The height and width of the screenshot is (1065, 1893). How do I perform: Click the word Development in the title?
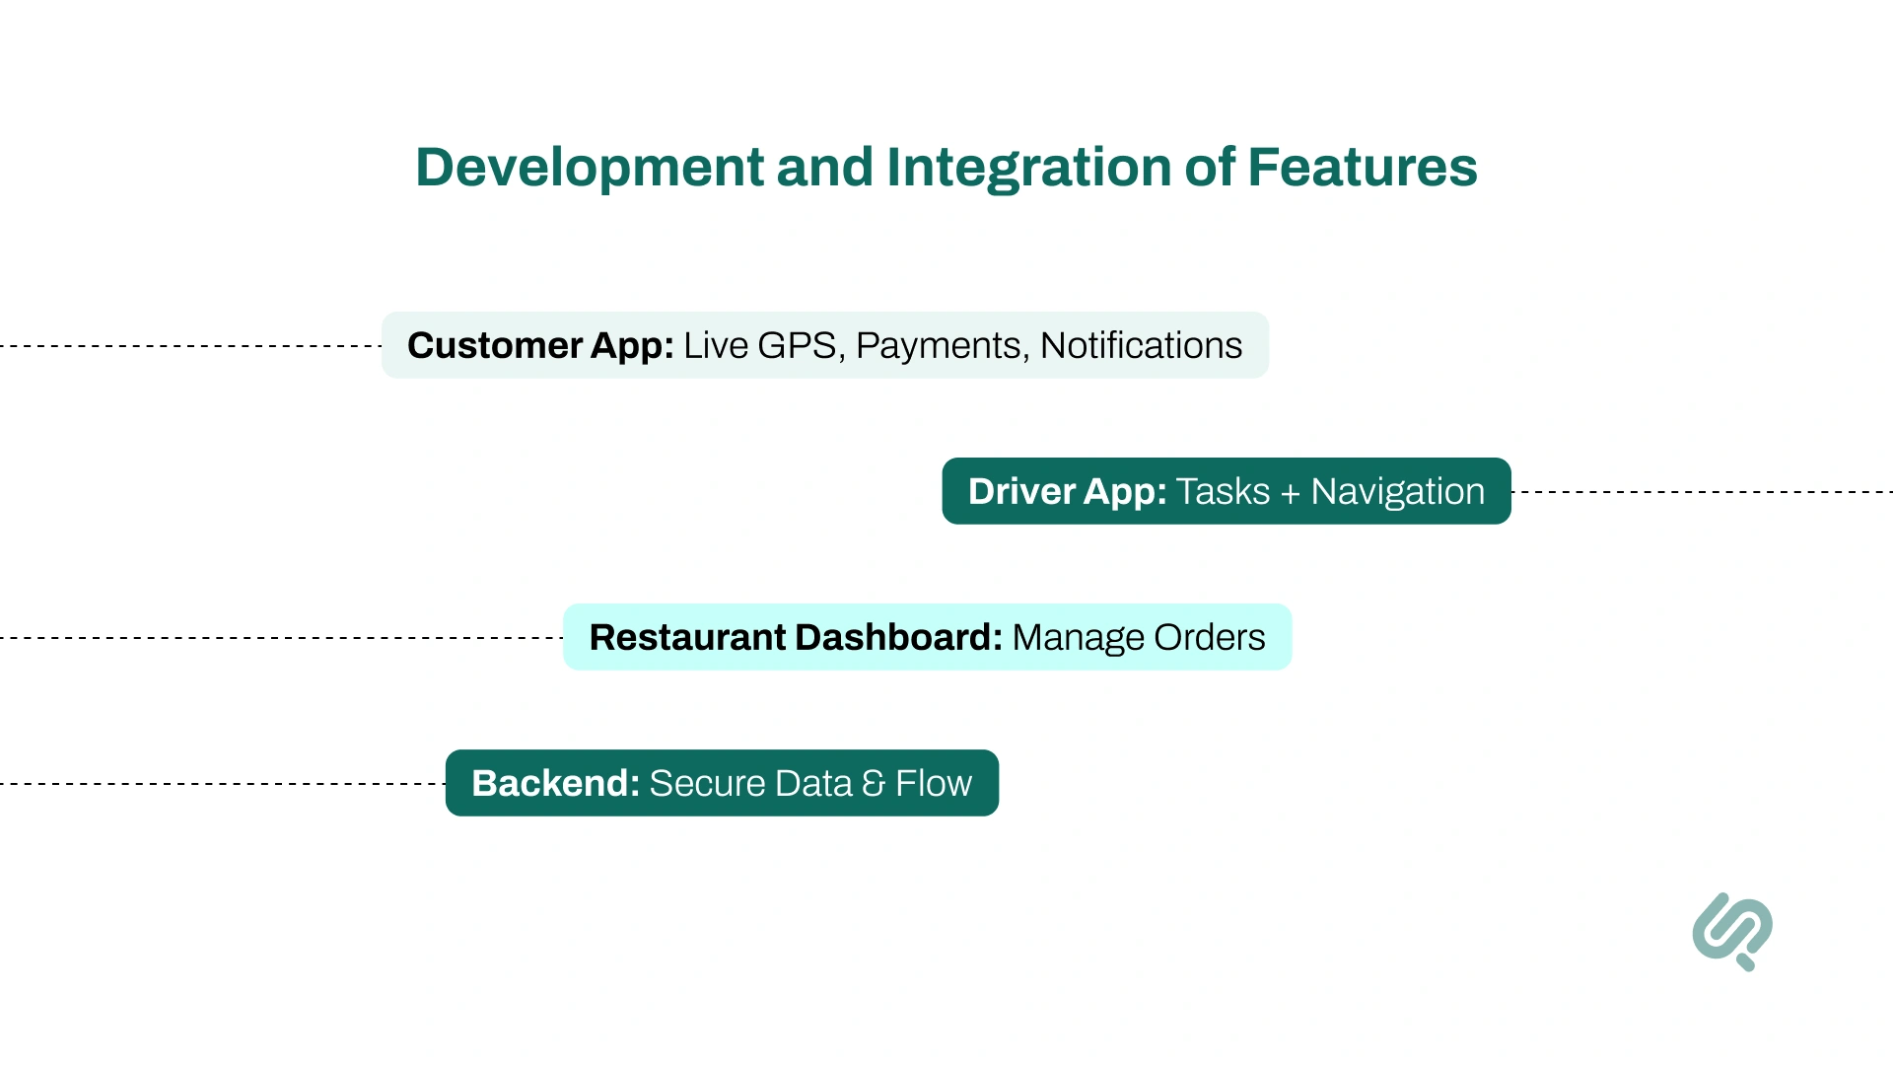point(590,167)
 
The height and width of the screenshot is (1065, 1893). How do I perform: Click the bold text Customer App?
point(540,345)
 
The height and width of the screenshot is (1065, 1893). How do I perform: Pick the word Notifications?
point(1141,345)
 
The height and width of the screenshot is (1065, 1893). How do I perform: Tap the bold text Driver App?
point(1067,491)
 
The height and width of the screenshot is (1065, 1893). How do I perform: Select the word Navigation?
point(1397,491)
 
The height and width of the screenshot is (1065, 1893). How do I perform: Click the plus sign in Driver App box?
point(1290,492)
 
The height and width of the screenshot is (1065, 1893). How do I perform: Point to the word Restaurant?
point(686,637)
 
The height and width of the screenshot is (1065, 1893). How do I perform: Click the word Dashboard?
point(898,637)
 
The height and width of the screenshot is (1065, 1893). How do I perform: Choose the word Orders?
point(1209,637)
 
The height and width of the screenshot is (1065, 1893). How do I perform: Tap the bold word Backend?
point(555,783)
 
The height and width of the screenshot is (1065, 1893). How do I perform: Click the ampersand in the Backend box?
point(874,783)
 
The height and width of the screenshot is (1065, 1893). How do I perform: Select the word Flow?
point(933,783)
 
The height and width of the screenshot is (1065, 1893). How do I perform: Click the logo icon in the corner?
point(1732,931)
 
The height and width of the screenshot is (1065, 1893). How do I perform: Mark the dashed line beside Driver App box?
point(1701,491)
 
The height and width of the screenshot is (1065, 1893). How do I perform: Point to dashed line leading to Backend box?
point(222,784)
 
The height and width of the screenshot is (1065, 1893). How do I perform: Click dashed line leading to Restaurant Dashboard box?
point(281,638)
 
